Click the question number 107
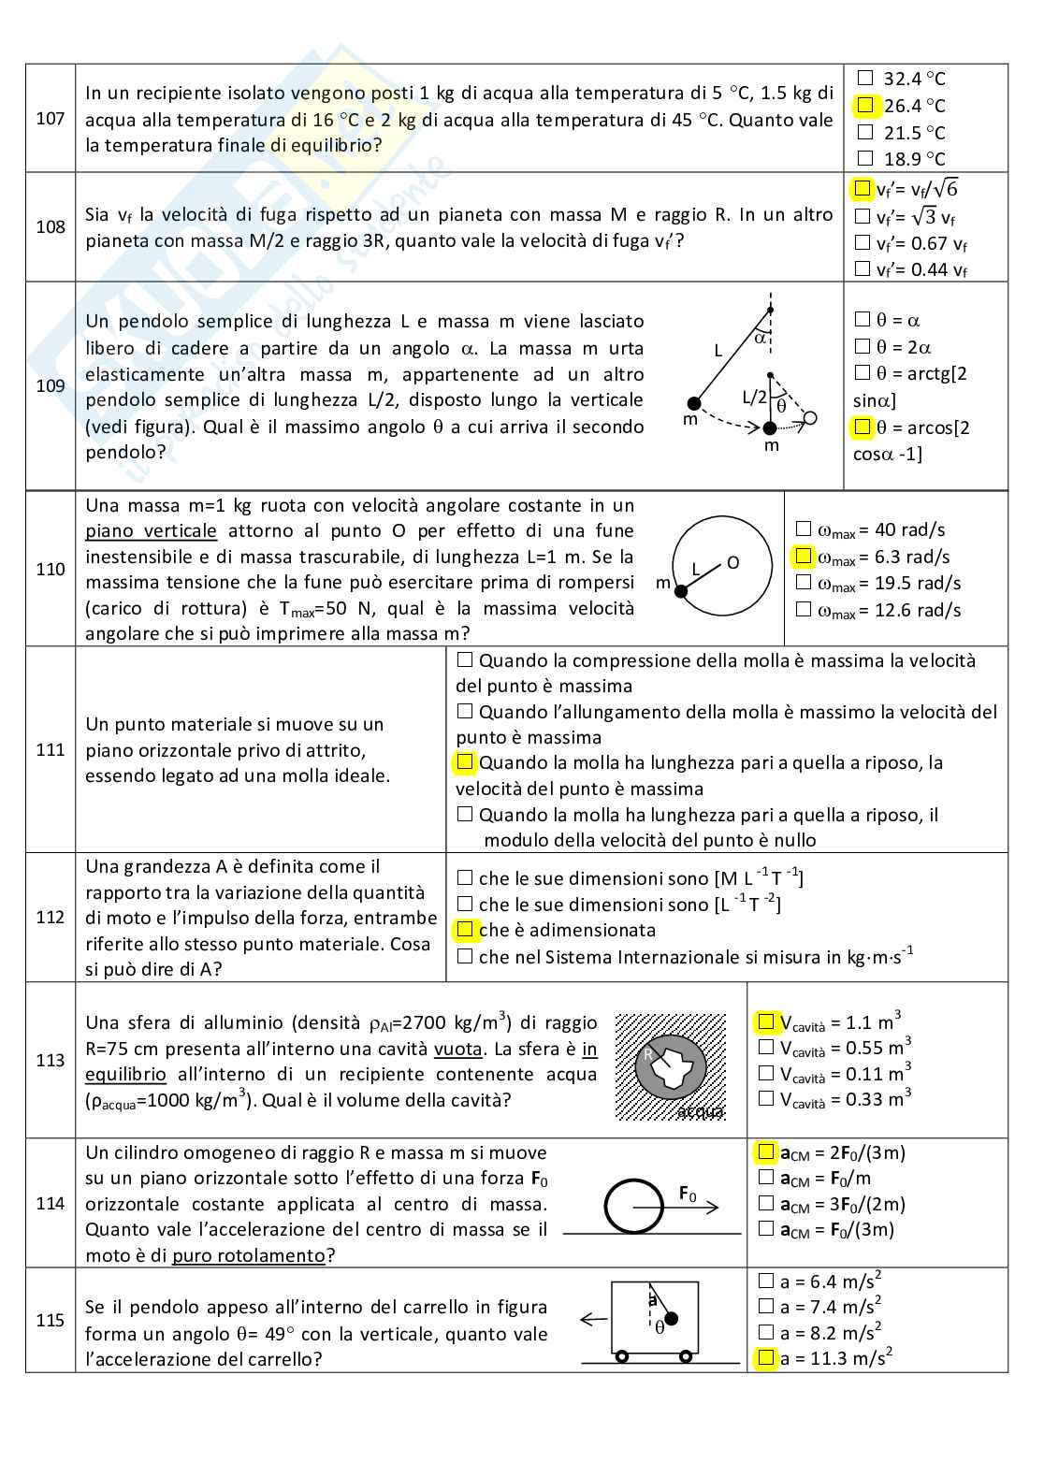(51, 119)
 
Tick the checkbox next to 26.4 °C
(865, 105)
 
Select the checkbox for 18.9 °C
(865, 158)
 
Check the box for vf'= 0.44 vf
(863, 269)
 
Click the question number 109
(51, 385)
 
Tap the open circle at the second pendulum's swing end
(810, 417)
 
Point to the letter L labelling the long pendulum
(718, 351)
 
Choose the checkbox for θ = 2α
(863, 346)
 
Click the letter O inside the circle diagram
(732, 562)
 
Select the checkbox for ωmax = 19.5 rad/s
(803, 583)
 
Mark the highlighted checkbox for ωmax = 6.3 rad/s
(803, 557)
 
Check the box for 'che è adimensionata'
(465, 930)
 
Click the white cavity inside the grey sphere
(678, 1066)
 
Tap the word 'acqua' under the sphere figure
(700, 1111)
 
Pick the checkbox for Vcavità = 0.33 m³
(766, 1098)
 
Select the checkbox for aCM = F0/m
(766, 1178)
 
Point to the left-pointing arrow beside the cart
(593, 1320)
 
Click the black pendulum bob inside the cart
(671, 1319)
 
